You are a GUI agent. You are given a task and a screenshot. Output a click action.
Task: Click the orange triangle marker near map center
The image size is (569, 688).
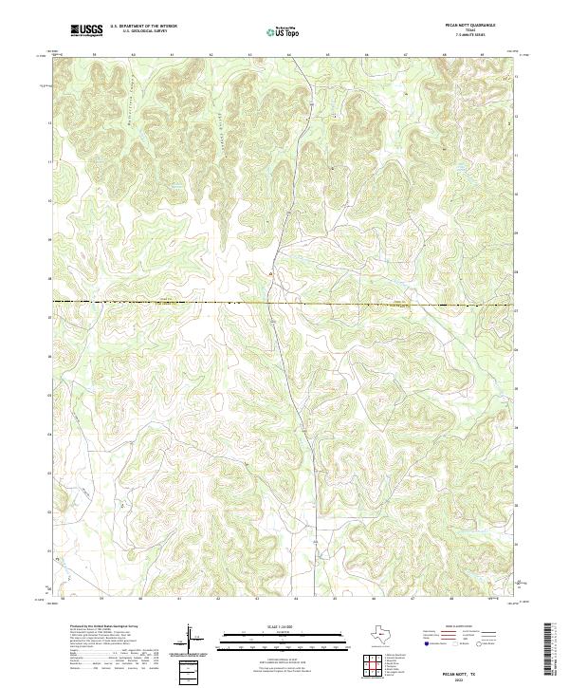(x=270, y=274)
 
